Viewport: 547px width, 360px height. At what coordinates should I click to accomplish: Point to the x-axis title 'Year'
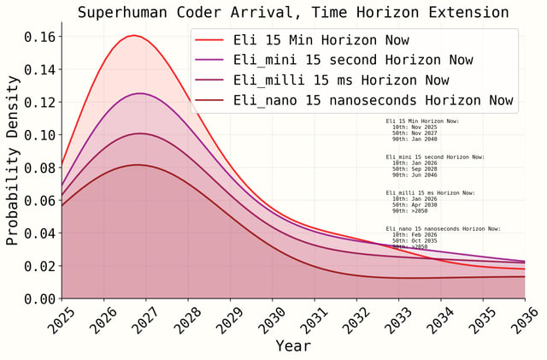[x=293, y=346]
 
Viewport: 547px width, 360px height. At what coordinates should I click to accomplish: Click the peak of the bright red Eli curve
[x=134, y=36]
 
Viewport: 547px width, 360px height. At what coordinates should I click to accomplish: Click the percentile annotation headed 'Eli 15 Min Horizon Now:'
[x=422, y=121]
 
